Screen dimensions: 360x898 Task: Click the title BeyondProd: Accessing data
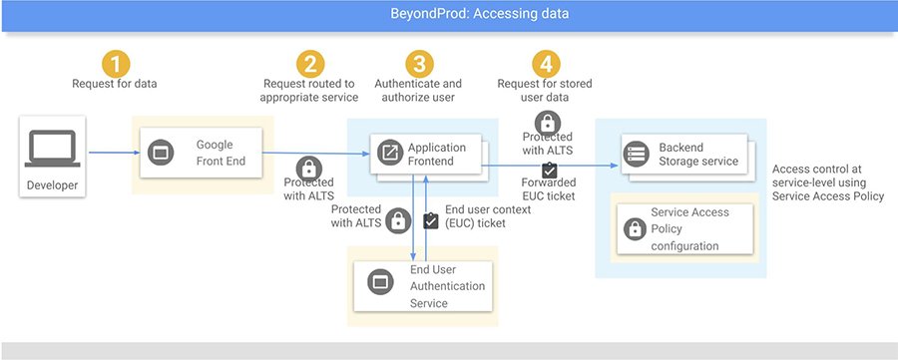[449, 14]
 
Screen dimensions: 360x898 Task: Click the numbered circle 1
[116, 64]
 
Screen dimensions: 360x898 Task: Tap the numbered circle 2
[311, 65]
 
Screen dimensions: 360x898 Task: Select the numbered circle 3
[417, 65]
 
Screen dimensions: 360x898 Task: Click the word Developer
[52, 185]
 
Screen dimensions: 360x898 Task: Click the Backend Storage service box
[684, 154]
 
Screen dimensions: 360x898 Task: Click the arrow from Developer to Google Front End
[109, 153]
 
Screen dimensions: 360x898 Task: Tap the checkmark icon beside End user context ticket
[431, 221]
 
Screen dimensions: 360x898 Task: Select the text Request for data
[115, 84]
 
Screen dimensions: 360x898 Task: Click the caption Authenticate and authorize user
[417, 91]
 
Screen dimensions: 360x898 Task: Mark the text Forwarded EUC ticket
[548, 188]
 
